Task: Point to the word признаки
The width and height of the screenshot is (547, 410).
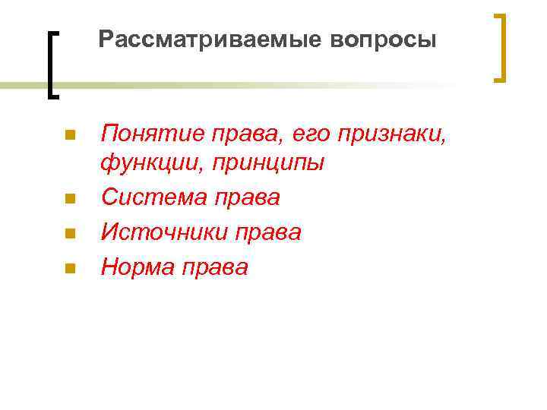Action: coord(394,135)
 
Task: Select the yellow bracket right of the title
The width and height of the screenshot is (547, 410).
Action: coord(500,47)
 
